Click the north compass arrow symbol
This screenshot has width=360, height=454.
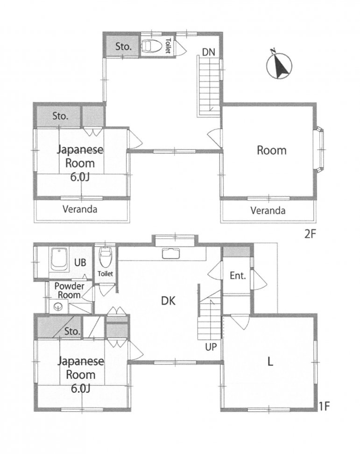[x=279, y=66]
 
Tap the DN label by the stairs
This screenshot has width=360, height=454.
[x=209, y=52]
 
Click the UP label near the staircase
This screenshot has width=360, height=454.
[x=211, y=347]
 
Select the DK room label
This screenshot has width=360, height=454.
[x=168, y=301]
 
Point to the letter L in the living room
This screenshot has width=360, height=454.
[x=270, y=362]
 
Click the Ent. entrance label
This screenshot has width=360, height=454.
[x=238, y=276]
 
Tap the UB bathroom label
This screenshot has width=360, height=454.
[x=80, y=263]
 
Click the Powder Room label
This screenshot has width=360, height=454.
[x=70, y=290]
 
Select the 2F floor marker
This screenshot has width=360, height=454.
[x=310, y=234]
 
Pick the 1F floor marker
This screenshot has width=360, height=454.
[x=325, y=406]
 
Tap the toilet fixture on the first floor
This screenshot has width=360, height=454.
[x=105, y=257]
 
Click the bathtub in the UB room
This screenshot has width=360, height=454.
[x=59, y=259]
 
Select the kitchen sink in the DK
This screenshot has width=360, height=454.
[x=171, y=253]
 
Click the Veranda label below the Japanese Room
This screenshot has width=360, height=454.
[x=80, y=209]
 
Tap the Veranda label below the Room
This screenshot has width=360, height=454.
[x=268, y=210]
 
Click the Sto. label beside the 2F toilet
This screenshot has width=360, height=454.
[x=123, y=46]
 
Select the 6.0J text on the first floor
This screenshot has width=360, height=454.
[x=80, y=388]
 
